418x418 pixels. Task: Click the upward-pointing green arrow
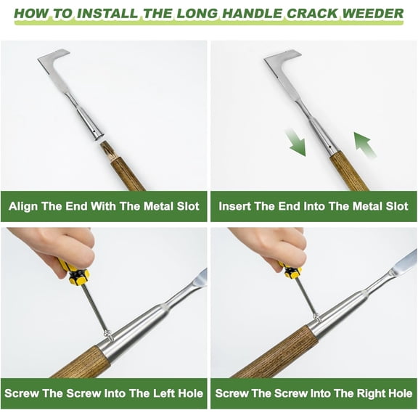click(366, 145)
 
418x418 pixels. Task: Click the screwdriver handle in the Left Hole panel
click(75, 273)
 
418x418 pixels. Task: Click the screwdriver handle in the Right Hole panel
click(292, 270)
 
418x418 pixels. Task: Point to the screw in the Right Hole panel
click(316, 316)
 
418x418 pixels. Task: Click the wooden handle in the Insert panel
click(345, 170)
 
